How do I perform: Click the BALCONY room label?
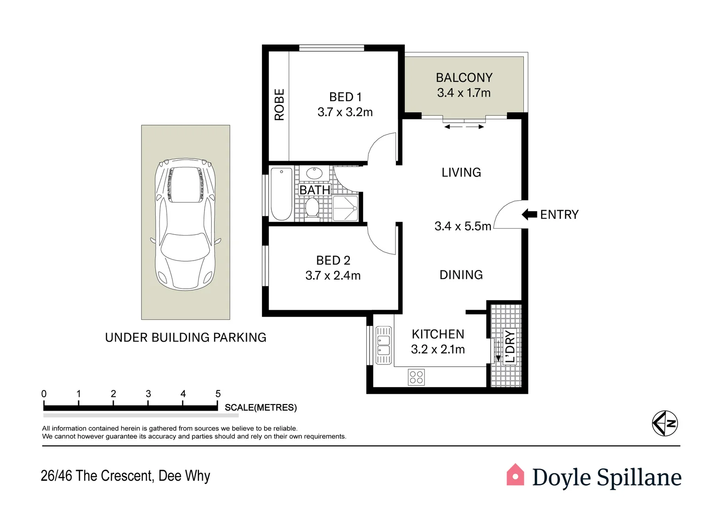click(x=464, y=78)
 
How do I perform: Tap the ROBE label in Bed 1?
click(x=279, y=104)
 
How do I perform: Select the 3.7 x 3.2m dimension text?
click(x=345, y=112)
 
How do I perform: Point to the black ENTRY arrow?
click(x=529, y=214)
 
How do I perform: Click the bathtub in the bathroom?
click(x=282, y=194)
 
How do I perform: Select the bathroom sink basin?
click(x=315, y=174)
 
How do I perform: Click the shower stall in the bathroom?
click(x=345, y=208)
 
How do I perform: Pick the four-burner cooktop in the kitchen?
click(x=416, y=377)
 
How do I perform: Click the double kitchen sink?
click(x=383, y=345)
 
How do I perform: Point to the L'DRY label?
click(x=510, y=346)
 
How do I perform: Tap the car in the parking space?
click(x=186, y=224)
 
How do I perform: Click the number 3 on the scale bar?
click(x=148, y=394)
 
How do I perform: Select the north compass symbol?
click(x=665, y=423)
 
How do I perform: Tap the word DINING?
click(x=461, y=275)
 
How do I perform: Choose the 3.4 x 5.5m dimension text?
click(x=463, y=226)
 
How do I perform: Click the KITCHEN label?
click(x=438, y=334)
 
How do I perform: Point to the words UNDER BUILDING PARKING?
click(x=186, y=337)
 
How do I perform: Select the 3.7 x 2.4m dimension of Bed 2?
click(x=333, y=276)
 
